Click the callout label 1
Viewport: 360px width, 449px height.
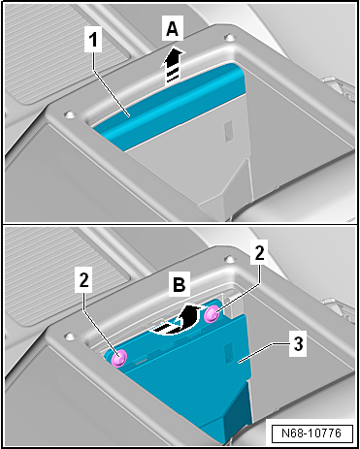pos(93,40)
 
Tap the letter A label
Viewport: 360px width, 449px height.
pos(173,29)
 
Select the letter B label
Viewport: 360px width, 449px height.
pos(180,284)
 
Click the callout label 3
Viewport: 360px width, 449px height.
pos(298,344)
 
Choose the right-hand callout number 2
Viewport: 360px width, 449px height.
pos(259,252)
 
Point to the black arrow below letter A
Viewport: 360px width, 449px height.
pos(173,66)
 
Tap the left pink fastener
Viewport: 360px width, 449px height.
pos(118,358)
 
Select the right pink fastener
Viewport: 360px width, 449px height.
pos(212,313)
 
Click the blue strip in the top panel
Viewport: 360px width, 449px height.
pos(167,107)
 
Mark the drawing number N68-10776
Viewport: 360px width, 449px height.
pos(311,433)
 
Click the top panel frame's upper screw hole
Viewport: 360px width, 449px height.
pos(229,38)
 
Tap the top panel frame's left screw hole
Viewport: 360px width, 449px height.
pos(69,114)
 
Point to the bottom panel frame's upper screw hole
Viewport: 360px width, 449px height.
pos(229,259)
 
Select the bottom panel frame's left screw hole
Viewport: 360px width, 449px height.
pos(69,336)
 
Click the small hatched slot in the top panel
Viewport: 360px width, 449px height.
pos(228,132)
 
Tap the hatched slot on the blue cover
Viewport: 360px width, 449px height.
pos(228,353)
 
